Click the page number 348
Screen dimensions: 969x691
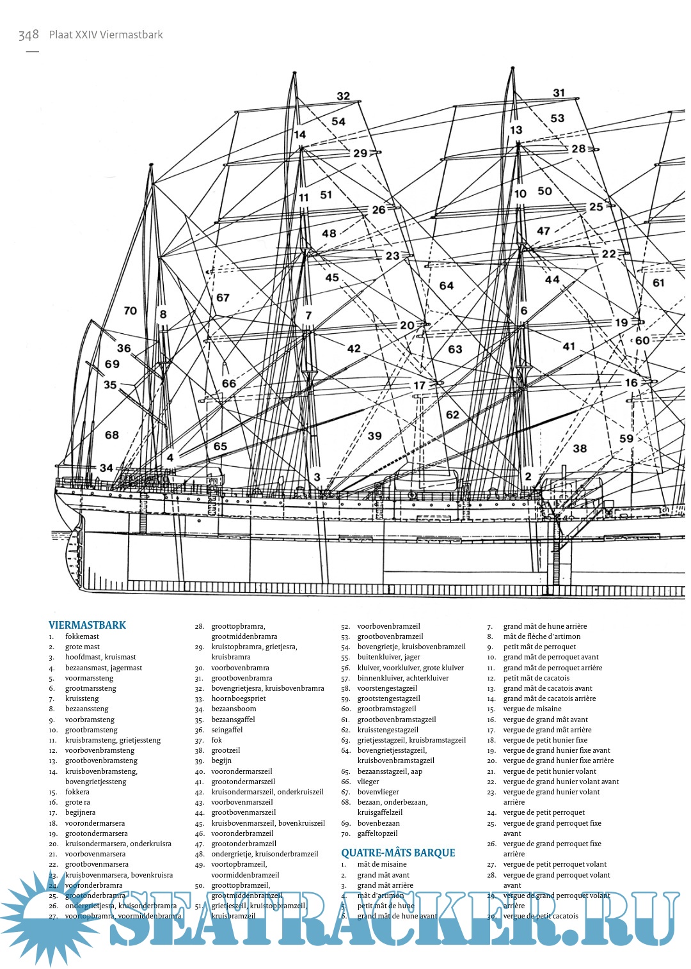click(x=29, y=35)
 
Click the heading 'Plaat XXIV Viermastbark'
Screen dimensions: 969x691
click(x=106, y=35)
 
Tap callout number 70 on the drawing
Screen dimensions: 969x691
click(x=131, y=311)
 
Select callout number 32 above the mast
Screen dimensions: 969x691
click(x=344, y=96)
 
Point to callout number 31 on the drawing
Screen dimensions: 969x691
click(x=559, y=93)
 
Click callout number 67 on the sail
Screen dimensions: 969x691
click(x=223, y=297)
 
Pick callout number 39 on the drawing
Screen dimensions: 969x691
click(x=375, y=436)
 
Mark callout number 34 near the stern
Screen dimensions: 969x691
click(x=106, y=468)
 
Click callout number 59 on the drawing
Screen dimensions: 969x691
click(x=626, y=439)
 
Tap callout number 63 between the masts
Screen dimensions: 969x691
click(x=455, y=349)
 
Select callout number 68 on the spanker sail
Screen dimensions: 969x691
click(x=112, y=435)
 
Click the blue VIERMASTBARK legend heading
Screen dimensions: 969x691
click(x=87, y=625)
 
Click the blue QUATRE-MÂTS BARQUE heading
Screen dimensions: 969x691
click(x=398, y=853)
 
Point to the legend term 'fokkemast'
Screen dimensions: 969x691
click(x=82, y=636)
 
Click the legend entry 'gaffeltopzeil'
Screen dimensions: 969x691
click(x=377, y=833)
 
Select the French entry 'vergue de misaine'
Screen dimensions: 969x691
click(x=532, y=709)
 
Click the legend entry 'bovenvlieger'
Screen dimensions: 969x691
click(x=378, y=792)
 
